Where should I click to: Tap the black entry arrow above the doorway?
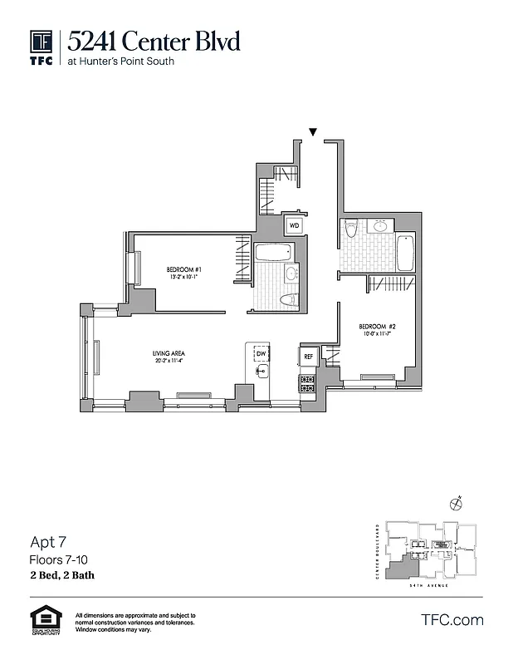click(313, 131)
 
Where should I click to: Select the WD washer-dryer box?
click(295, 224)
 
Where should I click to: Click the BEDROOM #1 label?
click(184, 269)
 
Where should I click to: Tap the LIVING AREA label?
click(167, 354)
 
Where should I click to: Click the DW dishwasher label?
click(261, 354)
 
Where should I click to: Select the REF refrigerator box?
click(308, 356)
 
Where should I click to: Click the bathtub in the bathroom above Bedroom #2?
click(405, 253)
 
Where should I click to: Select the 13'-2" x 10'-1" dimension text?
click(184, 278)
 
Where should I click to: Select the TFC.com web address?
click(452, 620)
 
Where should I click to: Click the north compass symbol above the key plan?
click(455, 504)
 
